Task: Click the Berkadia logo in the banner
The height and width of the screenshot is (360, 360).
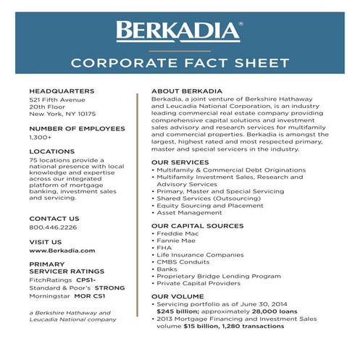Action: pos(179,31)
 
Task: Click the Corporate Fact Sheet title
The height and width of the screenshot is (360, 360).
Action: pos(180,62)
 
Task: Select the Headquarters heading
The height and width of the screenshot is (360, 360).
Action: pos(62,91)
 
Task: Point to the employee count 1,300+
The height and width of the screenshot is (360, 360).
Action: pos(40,137)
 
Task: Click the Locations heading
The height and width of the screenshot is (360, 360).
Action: pos(51,152)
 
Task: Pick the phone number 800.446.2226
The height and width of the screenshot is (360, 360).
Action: pos(53,227)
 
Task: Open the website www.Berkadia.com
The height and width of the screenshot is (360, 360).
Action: pos(62,250)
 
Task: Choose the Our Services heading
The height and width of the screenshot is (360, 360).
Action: pos(180,162)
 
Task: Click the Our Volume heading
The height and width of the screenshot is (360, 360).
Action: pos(177,297)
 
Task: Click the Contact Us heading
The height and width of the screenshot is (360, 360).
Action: pos(54,218)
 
